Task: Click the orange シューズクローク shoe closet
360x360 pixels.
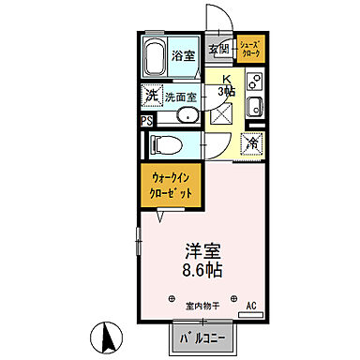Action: [x=250, y=49]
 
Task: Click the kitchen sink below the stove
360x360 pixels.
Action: [x=252, y=110]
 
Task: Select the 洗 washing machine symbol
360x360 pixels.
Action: [x=150, y=95]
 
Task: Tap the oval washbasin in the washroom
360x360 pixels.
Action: [x=186, y=116]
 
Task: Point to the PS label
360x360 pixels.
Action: [x=145, y=121]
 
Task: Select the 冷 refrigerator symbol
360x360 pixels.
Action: [x=251, y=142]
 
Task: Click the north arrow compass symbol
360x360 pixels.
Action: [x=106, y=335]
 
